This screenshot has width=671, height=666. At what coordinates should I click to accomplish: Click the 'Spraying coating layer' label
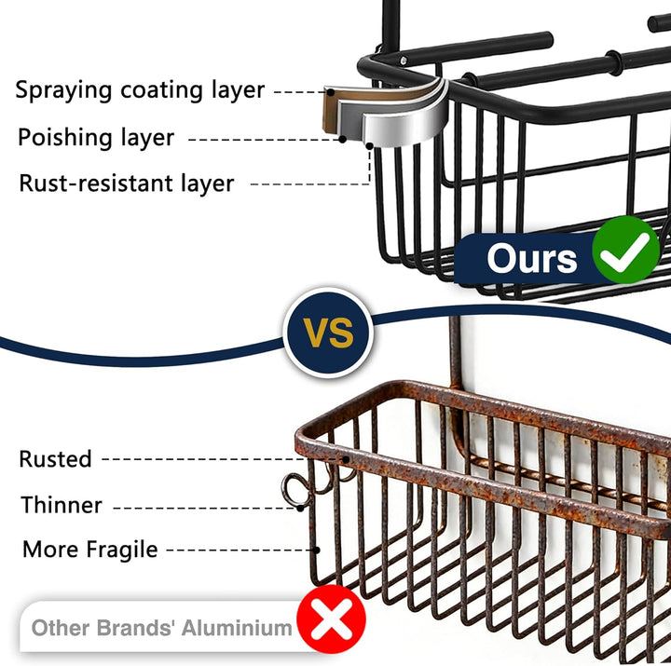(140, 90)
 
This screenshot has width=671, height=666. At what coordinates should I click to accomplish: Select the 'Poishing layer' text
(96, 138)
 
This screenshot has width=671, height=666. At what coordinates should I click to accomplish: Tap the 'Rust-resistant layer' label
(127, 183)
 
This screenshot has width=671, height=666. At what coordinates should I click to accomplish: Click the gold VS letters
(328, 333)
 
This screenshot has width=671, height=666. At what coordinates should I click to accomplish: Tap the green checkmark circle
(625, 250)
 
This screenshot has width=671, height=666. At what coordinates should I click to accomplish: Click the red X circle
(331, 618)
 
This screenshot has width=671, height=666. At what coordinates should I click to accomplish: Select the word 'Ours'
(532, 258)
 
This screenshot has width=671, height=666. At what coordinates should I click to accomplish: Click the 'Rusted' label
(55, 459)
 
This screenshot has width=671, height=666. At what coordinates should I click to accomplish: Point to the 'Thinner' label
(62, 505)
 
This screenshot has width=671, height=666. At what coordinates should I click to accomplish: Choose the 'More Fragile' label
(89, 550)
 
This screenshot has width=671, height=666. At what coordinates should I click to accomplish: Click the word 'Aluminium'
(237, 629)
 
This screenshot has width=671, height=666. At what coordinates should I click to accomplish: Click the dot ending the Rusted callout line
(346, 459)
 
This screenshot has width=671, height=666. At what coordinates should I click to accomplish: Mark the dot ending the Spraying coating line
(330, 92)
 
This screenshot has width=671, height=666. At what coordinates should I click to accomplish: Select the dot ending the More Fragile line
(317, 550)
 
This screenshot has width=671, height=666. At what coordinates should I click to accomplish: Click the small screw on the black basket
(403, 61)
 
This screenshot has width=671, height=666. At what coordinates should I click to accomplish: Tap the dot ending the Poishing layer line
(342, 139)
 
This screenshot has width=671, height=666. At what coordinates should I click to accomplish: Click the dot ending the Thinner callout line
(300, 509)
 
